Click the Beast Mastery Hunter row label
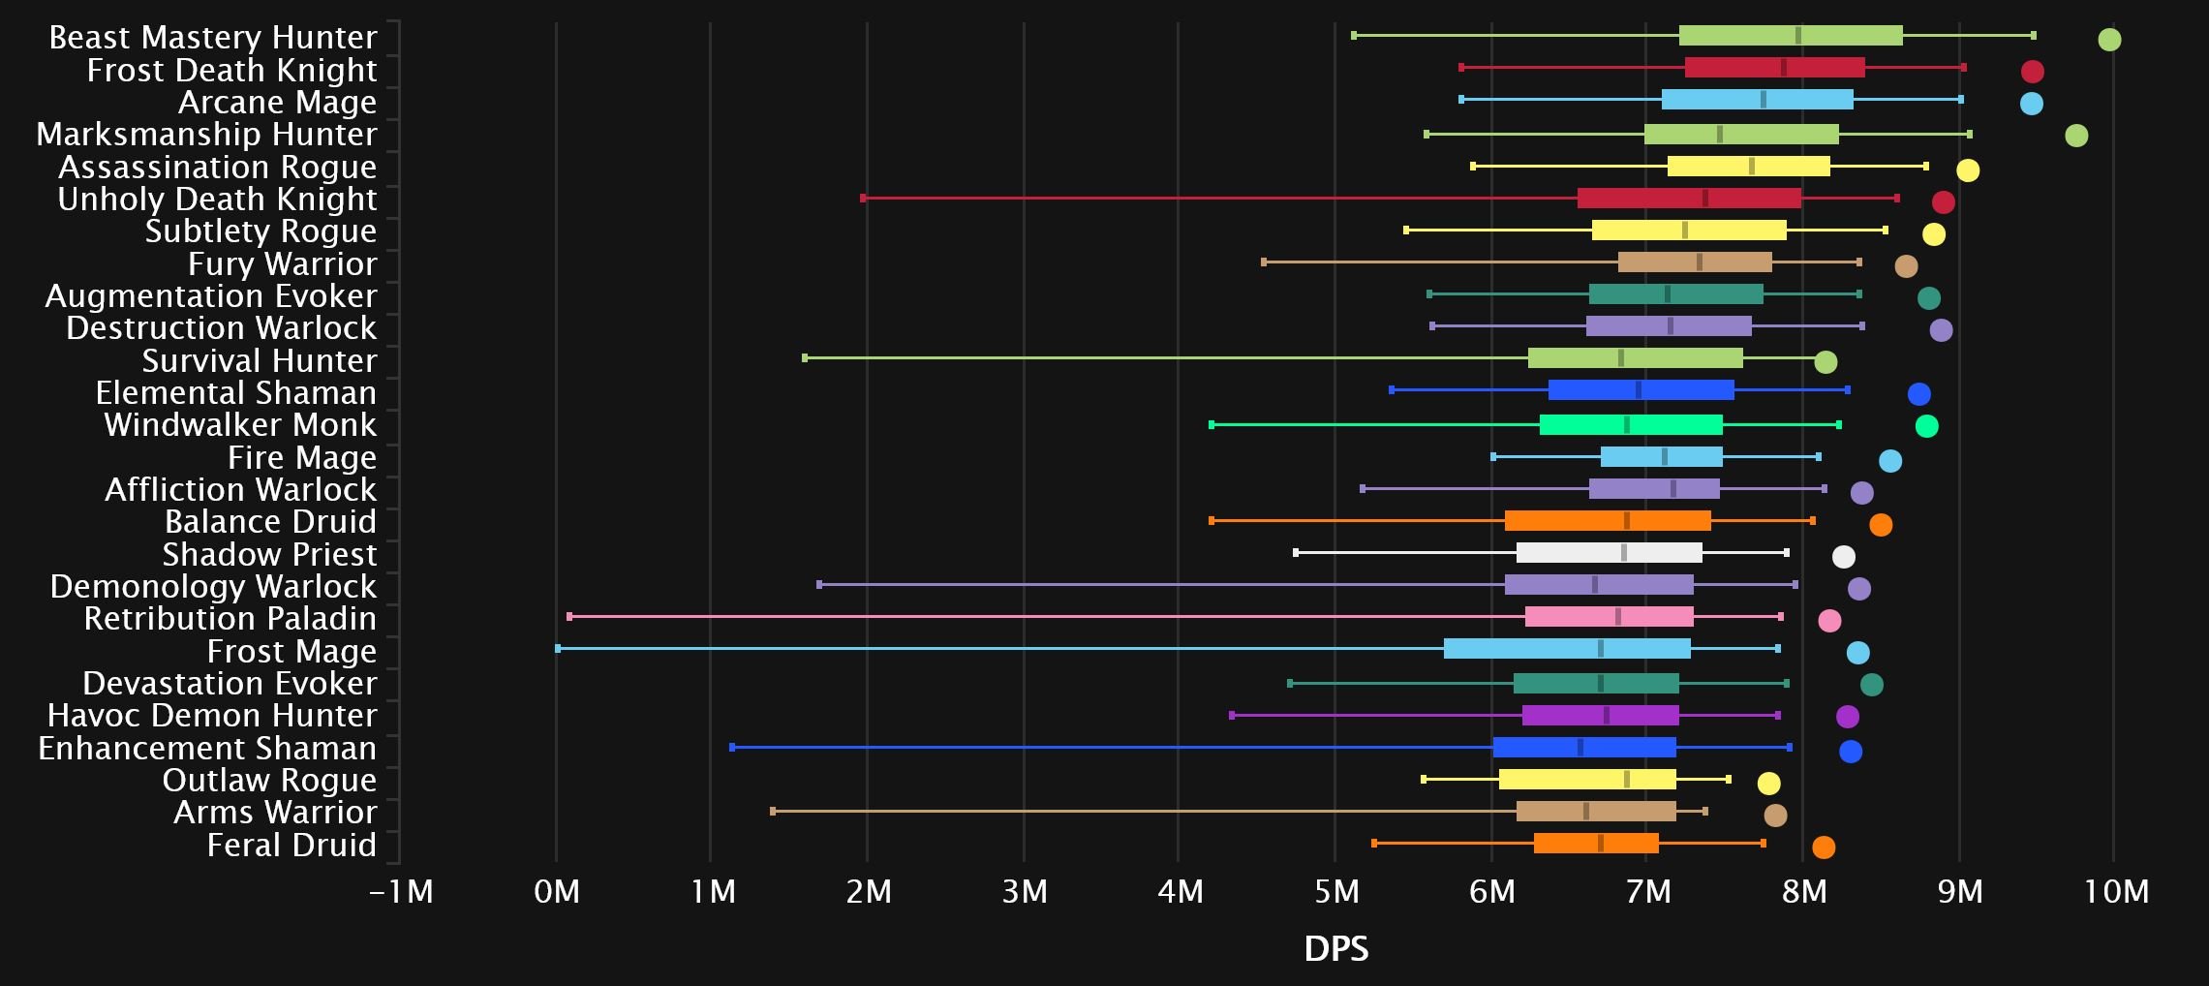212,37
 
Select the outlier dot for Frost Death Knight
2032,71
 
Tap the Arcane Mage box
1757,99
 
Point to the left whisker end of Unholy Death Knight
863,198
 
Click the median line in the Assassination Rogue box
1751,166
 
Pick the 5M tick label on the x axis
1335,891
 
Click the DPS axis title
1335,948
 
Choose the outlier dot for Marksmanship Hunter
2075,136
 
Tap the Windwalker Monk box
1631,424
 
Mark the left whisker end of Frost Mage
558,648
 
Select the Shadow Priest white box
1609,552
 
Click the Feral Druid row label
291,845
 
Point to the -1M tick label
401,891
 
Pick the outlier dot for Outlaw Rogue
1768,783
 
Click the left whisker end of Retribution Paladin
569,616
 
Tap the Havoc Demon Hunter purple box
1600,715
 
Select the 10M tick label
2116,891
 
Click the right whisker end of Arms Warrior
1704,811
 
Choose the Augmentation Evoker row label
210,295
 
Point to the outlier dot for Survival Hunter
1825,362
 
